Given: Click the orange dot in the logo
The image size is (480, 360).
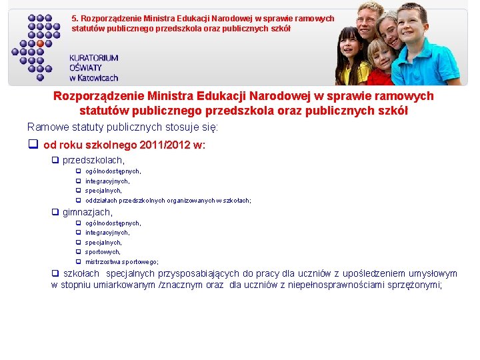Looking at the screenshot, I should click(40, 43).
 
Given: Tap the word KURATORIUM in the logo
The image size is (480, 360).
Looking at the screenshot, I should click(93, 58).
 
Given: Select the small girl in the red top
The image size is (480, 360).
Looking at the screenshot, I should click(381, 63).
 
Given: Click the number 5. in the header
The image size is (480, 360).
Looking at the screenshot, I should click(75, 19).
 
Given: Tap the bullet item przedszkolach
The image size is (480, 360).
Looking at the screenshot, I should click(93, 160).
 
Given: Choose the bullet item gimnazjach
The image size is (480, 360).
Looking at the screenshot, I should click(87, 212).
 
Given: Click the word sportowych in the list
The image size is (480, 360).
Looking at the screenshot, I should click(103, 252).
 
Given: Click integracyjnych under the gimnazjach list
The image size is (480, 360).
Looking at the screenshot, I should click(107, 233).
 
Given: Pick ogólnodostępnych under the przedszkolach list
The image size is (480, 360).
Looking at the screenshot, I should click(113, 171).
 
